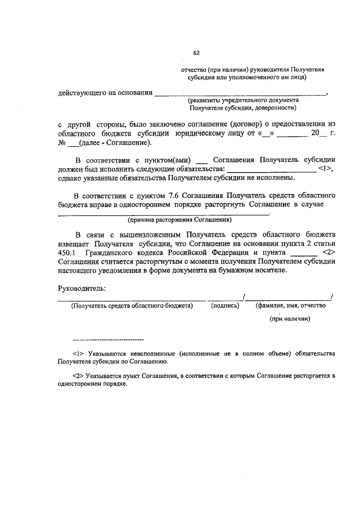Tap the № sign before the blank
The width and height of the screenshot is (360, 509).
[x=62, y=143]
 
